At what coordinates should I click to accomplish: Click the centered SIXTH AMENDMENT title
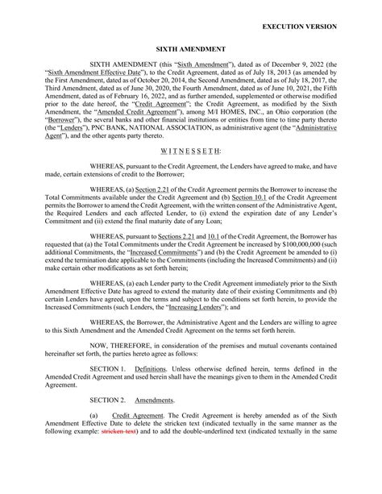190,48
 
